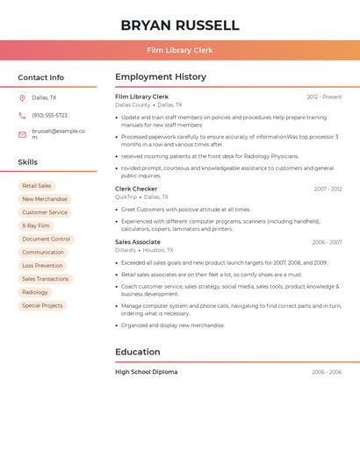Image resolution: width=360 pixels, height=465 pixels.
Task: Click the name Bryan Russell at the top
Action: [179, 25]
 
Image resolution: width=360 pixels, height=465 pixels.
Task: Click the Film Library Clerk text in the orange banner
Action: [179, 50]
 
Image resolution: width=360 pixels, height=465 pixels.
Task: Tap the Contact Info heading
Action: [40, 77]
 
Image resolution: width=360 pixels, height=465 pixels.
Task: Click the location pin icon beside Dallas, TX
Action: [22, 97]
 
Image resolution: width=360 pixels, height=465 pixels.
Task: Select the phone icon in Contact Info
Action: [22, 115]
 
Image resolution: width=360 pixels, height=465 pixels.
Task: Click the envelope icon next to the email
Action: [22, 134]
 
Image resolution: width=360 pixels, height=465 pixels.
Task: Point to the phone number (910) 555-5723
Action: [49, 115]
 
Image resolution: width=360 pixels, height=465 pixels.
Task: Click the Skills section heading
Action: [27, 162]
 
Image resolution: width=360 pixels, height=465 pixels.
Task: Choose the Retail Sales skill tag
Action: [37, 186]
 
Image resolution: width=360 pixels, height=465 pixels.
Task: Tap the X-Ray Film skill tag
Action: [36, 225]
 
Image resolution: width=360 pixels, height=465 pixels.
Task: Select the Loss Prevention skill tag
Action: [42, 265]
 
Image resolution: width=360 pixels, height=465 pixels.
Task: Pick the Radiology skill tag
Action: [35, 292]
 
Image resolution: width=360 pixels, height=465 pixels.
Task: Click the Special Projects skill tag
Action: [42, 305]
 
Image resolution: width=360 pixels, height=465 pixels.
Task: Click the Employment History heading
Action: [161, 77]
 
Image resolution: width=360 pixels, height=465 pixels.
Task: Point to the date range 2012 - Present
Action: [324, 97]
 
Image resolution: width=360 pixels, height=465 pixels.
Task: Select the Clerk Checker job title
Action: [136, 189]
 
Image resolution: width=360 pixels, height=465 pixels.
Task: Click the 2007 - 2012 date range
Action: [328, 189]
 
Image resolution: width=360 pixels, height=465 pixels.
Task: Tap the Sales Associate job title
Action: [138, 242]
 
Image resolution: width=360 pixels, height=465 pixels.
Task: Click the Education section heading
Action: [138, 352]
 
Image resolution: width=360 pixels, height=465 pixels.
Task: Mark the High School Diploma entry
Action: [146, 372]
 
